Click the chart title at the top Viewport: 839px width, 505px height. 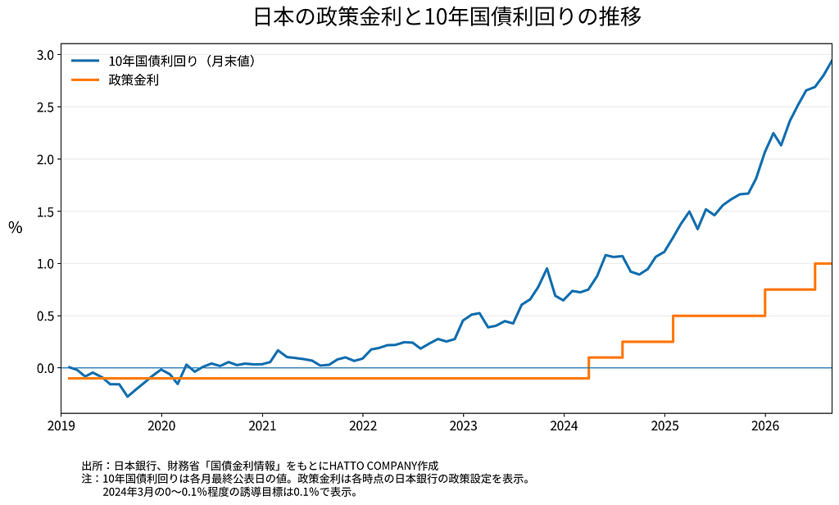447,16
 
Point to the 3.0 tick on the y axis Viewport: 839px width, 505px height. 46,55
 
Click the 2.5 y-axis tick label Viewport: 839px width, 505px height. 46,107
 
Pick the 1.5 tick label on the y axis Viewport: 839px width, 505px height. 46,212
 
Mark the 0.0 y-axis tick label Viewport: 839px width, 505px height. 46,368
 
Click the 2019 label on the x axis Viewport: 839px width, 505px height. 61,426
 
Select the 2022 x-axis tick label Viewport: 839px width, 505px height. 363,426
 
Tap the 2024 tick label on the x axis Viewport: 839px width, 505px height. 564,426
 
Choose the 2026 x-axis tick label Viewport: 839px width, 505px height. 765,426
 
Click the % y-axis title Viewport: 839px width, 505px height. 16,228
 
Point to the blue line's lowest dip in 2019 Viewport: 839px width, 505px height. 127,396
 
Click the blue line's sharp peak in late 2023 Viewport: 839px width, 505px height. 546,268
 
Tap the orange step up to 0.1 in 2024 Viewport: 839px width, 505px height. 589,368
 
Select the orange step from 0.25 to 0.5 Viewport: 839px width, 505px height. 673,329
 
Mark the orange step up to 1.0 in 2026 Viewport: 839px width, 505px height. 815,276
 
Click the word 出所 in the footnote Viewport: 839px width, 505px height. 90,466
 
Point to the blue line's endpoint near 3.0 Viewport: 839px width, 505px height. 832,61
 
